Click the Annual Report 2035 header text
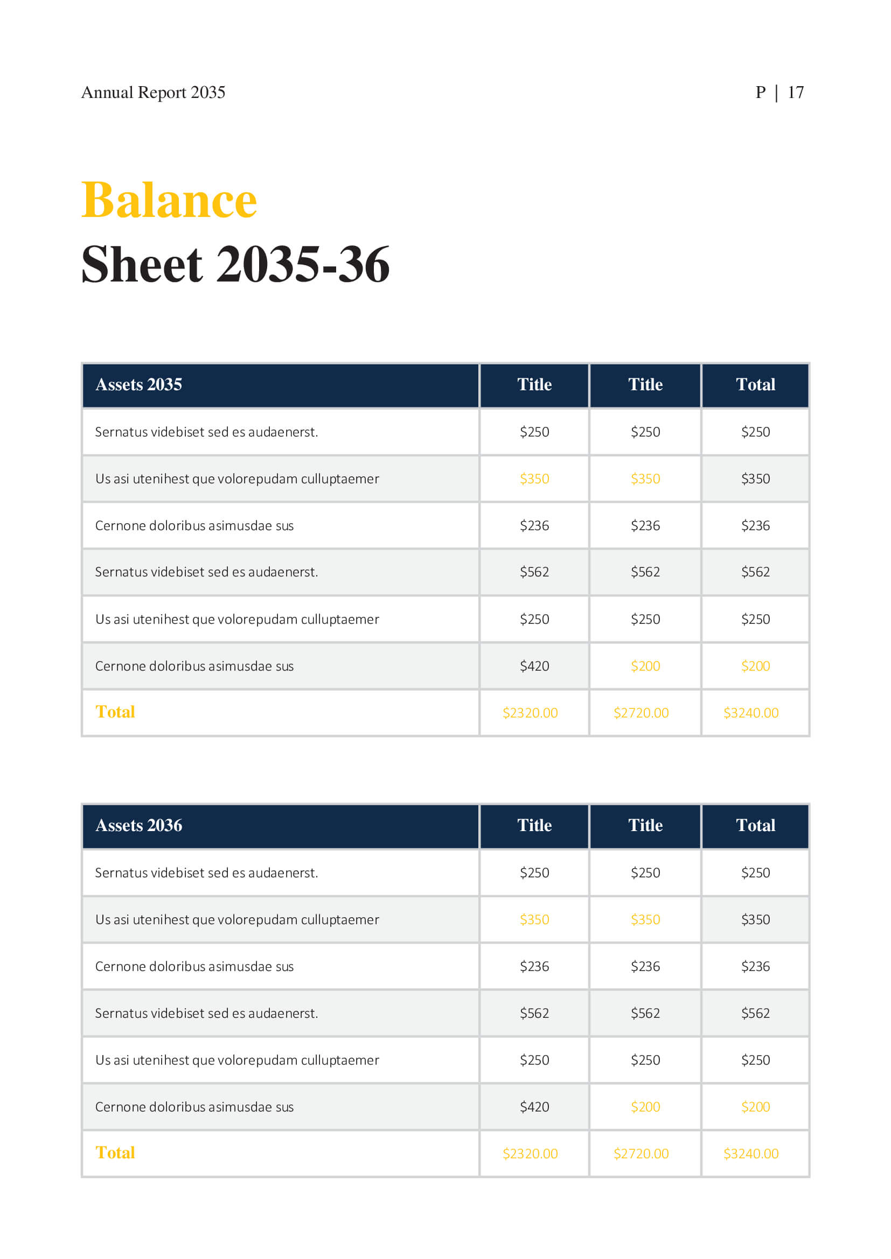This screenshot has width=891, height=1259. click(153, 93)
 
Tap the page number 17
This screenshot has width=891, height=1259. click(796, 93)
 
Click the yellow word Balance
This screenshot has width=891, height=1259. click(169, 200)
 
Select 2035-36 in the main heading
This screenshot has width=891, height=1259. click(303, 265)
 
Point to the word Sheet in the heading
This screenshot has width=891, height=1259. click(142, 265)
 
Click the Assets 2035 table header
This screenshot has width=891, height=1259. click(139, 385)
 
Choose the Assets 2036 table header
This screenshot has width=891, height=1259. click(139, 826)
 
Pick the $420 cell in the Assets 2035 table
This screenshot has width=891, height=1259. click(534, 666)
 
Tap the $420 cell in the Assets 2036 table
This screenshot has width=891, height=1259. click(534, 1107)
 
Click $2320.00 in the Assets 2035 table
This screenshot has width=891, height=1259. click(530, 713)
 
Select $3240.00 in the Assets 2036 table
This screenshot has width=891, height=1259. click(751, 1154)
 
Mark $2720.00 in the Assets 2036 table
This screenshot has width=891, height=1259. click(641, 1154)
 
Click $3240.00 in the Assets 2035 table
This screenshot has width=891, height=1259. click(751, 713)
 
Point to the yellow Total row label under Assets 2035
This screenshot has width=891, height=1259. click(115, 712)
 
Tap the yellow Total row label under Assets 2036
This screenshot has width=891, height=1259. click(115, 1153)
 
